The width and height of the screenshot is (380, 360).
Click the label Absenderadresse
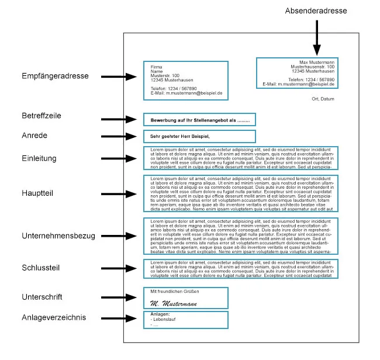click(x=316, y=11)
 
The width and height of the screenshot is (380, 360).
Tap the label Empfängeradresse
click(x=55, y=76)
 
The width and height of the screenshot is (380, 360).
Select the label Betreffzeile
click(x=43, y=116)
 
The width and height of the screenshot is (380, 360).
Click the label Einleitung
click(x=39, y=158)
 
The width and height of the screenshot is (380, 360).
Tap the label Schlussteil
click(x=42, y=267)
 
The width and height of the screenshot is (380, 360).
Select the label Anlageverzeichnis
click(x=53, y=317)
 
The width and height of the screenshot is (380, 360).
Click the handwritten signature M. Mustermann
click(x=172, y=303)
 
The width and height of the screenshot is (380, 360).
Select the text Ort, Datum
click(x=323, y=99)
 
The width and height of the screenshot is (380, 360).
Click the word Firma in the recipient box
click(x=156, y=67)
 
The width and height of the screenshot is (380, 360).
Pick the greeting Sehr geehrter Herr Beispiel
click(x=176, y=136)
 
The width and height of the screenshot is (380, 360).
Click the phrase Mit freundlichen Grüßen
click(x=175, y=291)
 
